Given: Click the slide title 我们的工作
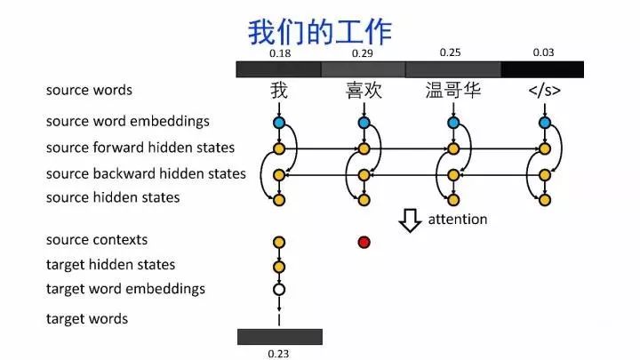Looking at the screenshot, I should pos(319,32).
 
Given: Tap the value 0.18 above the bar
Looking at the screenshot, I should pos(280,54).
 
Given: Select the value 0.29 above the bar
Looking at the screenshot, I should pos(362,54).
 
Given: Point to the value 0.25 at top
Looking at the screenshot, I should pos(451,52).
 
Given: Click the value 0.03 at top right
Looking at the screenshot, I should pos(543,52).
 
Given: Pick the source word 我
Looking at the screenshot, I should pos(279,91).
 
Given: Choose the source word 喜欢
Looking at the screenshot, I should pos(363,91).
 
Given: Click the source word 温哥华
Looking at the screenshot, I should pos(453,91).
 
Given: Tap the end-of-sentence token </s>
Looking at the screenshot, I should pos(544,91).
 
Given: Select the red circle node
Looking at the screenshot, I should pos(364,242).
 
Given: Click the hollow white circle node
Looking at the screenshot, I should pos(279,289).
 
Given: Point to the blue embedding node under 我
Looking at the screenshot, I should pos(279,123).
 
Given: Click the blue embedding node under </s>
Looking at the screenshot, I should pos(544,123).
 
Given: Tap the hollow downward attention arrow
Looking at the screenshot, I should pos(410,220).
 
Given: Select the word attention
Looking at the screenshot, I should pos(459,220).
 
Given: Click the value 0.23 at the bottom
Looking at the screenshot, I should pos(279,353).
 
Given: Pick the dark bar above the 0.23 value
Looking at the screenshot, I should pos(279,337).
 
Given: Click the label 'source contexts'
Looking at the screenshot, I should pos(97,240).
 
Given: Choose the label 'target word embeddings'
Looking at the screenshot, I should pos(125,289).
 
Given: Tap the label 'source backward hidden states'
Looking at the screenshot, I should pos(146,173).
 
